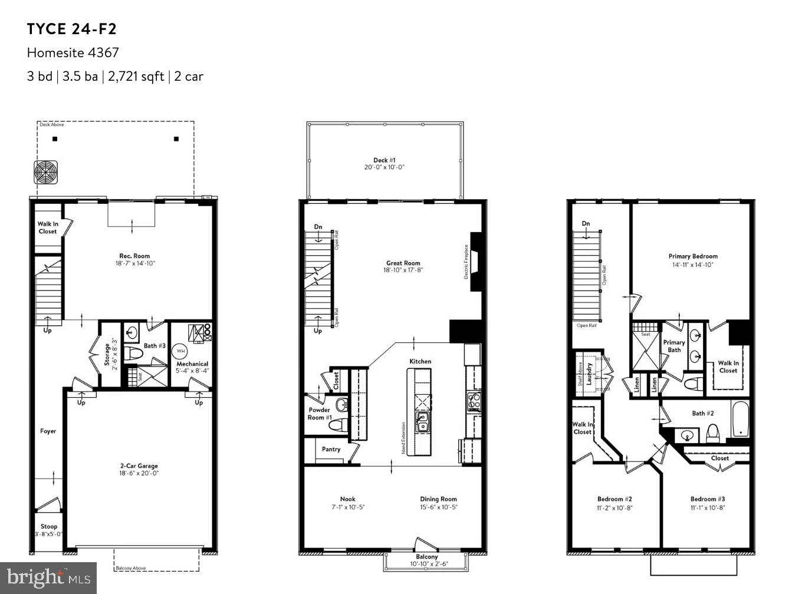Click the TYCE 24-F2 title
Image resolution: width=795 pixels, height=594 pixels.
click(68, 29)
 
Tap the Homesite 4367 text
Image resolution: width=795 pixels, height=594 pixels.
click(73, 52)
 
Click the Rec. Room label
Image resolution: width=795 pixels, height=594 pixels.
click(134, 256)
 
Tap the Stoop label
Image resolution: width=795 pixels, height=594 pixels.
click(49, 526)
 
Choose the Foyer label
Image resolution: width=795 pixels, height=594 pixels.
click(48, 431)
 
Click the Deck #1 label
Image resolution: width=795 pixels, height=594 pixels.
click(384, 160)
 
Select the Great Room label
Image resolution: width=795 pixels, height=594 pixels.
click(403, 263)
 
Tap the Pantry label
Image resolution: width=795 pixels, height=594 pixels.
click(331, 449)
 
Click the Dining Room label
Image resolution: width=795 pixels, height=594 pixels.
click(438, 499)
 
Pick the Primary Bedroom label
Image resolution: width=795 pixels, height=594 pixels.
click(693, 256)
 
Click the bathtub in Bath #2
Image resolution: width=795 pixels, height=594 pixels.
click(740, 419)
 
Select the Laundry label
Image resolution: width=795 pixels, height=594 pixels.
click(589, 374)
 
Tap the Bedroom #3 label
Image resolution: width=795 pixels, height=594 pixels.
click(708, 499)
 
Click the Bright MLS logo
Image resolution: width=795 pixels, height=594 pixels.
click(48, 577)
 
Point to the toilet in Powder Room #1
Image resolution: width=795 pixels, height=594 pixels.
click(341, 405)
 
